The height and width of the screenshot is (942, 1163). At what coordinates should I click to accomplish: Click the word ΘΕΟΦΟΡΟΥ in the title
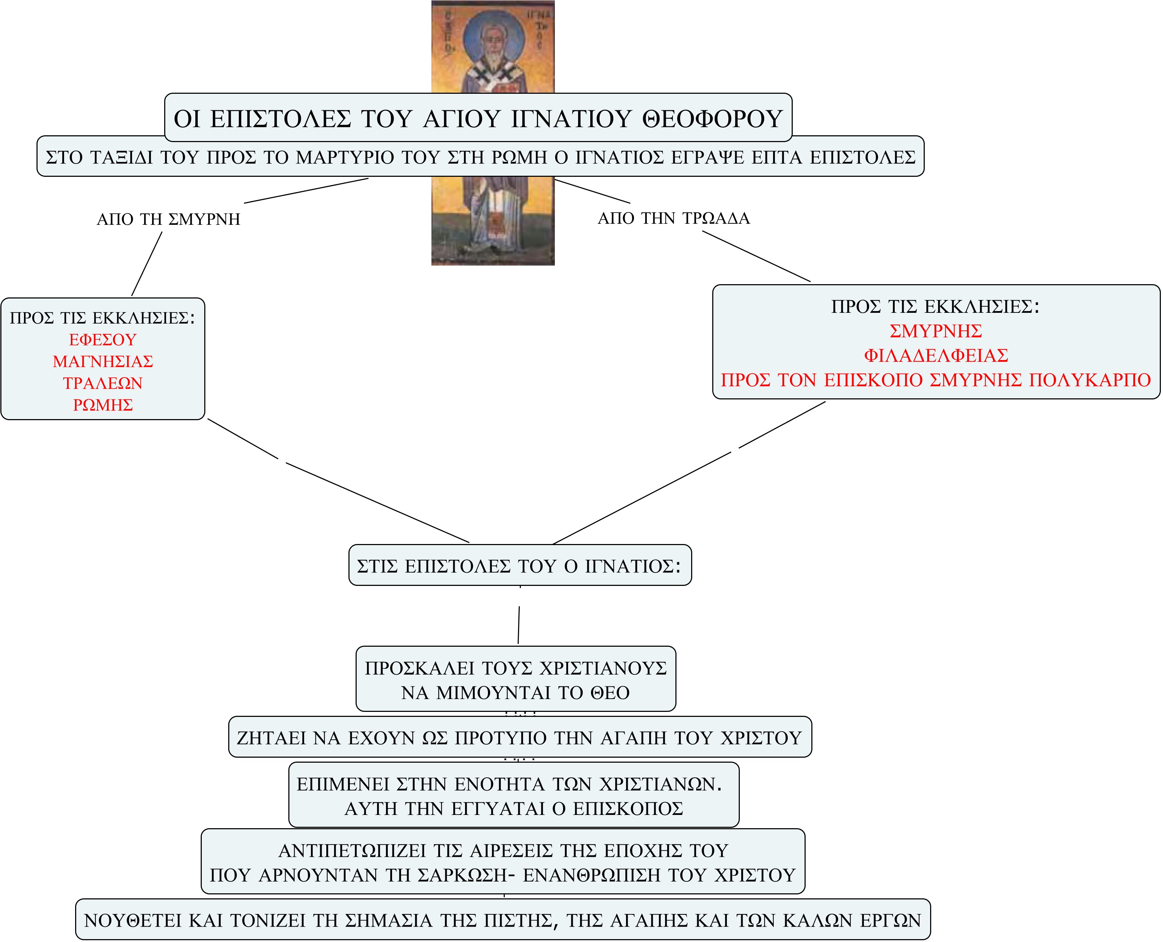coord(712,119)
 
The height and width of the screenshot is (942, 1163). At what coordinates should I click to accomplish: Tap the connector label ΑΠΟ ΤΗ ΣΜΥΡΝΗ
coord(168,219)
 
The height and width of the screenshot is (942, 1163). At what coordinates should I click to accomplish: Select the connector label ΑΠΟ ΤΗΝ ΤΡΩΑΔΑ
coord(674,218)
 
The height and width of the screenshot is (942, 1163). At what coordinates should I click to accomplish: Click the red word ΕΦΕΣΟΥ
coord(103,340)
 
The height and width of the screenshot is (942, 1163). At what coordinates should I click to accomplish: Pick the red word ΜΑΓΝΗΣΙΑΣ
coord(103,361)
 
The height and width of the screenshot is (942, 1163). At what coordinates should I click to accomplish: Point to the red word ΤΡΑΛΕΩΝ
coord(103,383)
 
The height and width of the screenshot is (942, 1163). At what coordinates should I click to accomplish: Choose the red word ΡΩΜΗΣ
coord(103,405)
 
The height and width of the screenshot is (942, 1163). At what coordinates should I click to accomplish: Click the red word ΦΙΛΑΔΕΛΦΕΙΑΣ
coord(936,355)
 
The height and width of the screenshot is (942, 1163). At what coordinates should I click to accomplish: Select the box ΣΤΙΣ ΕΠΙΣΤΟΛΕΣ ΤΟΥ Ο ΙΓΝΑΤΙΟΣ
coord(520,565)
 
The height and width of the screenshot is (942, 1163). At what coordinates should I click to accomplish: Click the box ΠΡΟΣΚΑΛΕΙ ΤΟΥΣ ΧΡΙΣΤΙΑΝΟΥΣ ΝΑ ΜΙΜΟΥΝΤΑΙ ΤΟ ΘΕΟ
coord(515,679)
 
